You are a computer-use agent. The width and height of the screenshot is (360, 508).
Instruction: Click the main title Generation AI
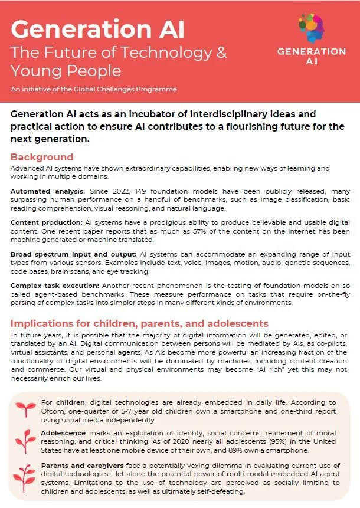point(98,28)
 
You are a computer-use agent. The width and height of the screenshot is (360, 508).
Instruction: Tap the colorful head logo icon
point(312,27)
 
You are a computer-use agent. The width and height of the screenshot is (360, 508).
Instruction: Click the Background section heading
point(42,157)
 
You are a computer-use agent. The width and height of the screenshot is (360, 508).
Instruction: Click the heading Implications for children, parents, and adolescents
point(139,323)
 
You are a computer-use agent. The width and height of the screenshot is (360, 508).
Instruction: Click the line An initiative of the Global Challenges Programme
point(94,89)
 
